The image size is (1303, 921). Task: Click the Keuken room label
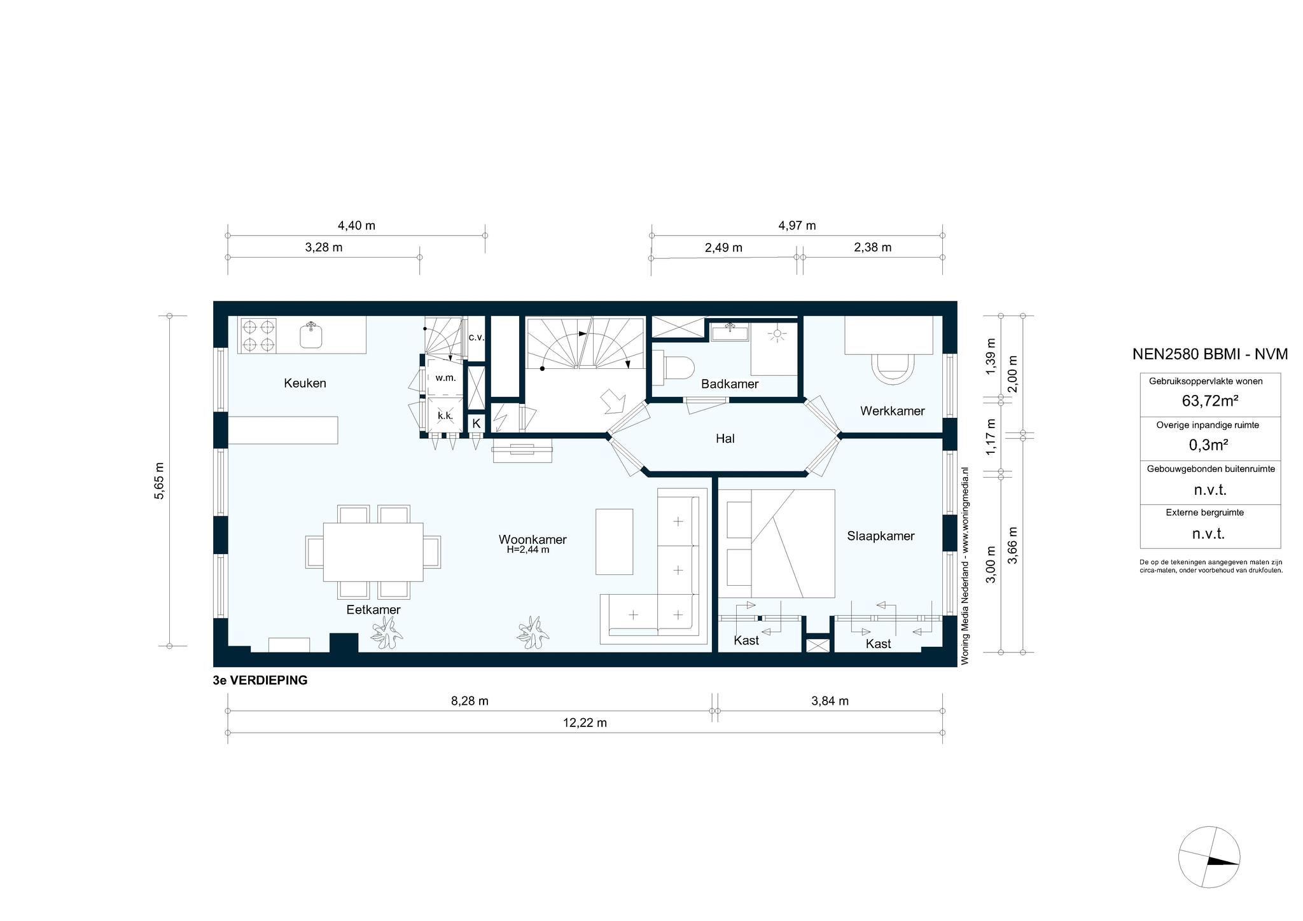[x=305, y=383]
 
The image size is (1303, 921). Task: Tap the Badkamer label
[x=730, y=384]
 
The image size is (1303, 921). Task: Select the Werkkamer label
[x=892, y=411]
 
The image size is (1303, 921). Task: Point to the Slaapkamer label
[x=881, y=536]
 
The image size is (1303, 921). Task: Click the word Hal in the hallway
[x=725, y=438]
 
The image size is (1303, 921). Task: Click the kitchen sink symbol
[x=311, y=335]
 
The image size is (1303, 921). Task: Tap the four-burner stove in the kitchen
[x=258, y=336]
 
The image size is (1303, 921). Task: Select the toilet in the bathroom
[x=674, y=368]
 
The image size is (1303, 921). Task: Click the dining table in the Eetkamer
[x=373, y=551]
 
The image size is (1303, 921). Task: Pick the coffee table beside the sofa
[x=614, y=541]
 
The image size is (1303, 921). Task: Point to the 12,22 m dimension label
[x=585, y=723]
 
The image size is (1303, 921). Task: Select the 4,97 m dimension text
[x=797, y=226]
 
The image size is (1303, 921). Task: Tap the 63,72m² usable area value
[x=1209, y=401]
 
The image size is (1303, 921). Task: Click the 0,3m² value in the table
[x=1208, y=445]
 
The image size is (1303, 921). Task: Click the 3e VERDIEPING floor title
[x=260, y=681]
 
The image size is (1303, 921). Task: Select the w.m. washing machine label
[x=445, y=378]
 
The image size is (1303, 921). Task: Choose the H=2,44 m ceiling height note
[x=528, y=550]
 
